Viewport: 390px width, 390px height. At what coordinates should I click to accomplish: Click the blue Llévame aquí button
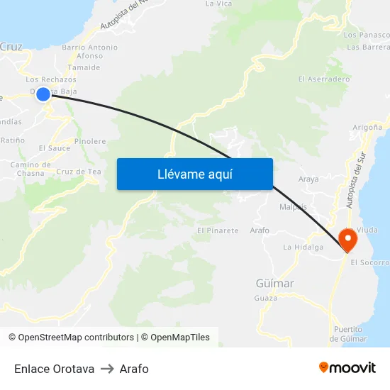(x=194, y=174)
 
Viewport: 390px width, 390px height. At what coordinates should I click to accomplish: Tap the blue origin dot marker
(x=43, y=94)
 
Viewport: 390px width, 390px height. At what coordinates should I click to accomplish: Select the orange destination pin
(x=347, y=239)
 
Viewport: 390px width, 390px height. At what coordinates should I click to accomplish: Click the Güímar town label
(x=274, y=283)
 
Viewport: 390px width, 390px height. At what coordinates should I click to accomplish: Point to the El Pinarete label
(x=218, y=231)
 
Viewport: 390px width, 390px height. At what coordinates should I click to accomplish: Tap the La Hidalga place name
(x=303, y=247)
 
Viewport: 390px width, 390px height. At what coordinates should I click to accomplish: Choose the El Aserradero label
(x=324, y=79)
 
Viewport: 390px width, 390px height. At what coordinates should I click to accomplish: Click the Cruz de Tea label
(x=79, y=172)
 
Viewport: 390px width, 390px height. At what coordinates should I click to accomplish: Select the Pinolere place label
(x=90, y=141)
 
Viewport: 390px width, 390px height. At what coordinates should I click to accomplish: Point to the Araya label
(x=308, y=179)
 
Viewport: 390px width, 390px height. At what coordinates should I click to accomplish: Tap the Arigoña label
(x=367, y=127)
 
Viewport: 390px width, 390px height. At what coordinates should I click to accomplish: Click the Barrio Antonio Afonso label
(x=89, y=51)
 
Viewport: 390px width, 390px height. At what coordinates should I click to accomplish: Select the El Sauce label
(x=55, y=148)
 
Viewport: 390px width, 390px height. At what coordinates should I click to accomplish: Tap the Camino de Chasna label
(x=27, y=169)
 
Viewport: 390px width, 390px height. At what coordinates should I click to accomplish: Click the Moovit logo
(x=347, y=368)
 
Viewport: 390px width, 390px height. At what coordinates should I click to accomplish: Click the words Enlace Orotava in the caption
(x=54, y=369)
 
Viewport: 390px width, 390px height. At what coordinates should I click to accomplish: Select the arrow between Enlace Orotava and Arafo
(x=107, y=369)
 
